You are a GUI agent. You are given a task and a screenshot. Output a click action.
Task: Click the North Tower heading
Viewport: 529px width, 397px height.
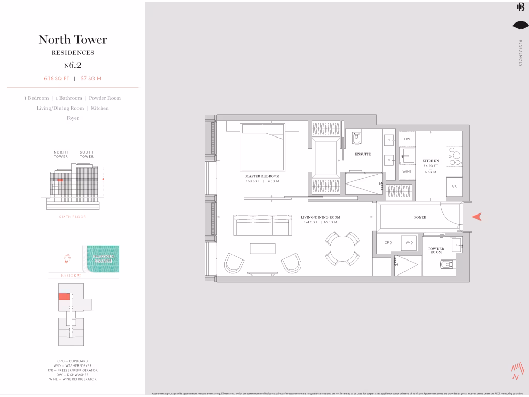click(73, 40)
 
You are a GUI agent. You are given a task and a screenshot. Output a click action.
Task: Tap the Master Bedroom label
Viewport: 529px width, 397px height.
click(262, 176)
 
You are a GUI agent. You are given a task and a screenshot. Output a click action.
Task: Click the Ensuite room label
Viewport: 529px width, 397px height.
click(363, 154)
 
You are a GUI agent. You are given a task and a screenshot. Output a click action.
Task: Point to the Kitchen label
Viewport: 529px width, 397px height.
click(430, 161)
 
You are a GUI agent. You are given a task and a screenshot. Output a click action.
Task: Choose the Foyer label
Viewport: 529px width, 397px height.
click(420, 217)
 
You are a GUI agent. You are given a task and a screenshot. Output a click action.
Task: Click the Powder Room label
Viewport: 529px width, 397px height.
click(436, 250)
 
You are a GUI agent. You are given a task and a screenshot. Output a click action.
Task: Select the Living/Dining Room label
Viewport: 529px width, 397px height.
click(320, 217)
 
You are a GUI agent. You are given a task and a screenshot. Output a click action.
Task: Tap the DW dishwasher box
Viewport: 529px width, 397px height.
click(407, 139)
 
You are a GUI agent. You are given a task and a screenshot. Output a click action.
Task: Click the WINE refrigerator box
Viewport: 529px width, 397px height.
click(407, 171)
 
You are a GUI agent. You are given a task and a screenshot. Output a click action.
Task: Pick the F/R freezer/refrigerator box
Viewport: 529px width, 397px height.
click(454, 186)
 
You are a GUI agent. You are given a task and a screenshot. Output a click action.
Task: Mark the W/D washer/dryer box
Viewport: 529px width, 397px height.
click(409, 242)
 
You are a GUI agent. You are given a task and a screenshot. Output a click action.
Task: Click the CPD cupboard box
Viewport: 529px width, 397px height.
click(388, 242)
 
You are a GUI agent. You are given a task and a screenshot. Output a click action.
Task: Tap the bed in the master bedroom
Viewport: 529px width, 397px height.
click(262, 146)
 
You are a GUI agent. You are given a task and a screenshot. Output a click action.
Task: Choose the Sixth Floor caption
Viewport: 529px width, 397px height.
click(73, 217)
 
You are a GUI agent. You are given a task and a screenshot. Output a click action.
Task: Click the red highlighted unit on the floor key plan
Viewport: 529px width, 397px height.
click(64, 296)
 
